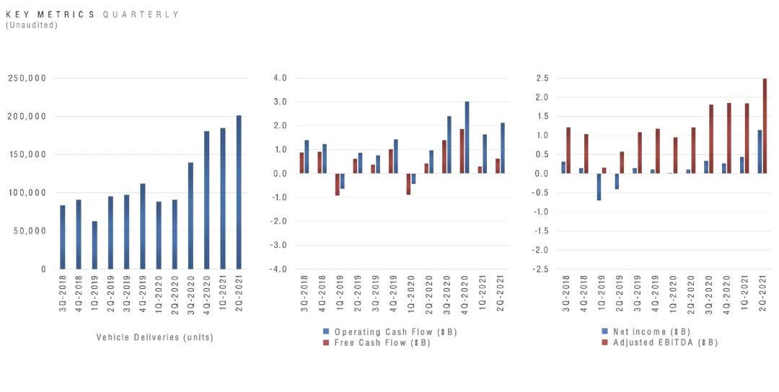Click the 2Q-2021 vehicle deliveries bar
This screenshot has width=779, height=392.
[239, 192]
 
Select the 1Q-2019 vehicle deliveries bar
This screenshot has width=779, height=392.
[94, 245]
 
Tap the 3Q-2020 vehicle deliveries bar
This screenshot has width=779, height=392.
[190, 216]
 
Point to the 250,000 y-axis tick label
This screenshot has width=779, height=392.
[27, 78]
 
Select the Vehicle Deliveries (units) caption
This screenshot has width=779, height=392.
[154, 337]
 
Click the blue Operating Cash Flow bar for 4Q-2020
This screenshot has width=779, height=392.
[467, 138]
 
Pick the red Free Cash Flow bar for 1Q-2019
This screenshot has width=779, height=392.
[338, 184]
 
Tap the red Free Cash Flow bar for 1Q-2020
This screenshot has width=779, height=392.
[408, 184]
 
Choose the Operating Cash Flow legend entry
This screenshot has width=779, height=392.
[389, 332]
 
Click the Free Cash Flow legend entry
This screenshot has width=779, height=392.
[376, 342]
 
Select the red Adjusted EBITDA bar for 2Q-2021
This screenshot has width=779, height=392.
[765, 126]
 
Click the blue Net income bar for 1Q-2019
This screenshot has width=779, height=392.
[599, 187]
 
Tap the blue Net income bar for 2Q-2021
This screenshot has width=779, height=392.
[760, 151]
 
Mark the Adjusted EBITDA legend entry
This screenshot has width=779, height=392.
[659, 342]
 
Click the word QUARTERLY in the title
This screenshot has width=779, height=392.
[141, 14]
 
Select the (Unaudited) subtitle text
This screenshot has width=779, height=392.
[31, 24]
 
